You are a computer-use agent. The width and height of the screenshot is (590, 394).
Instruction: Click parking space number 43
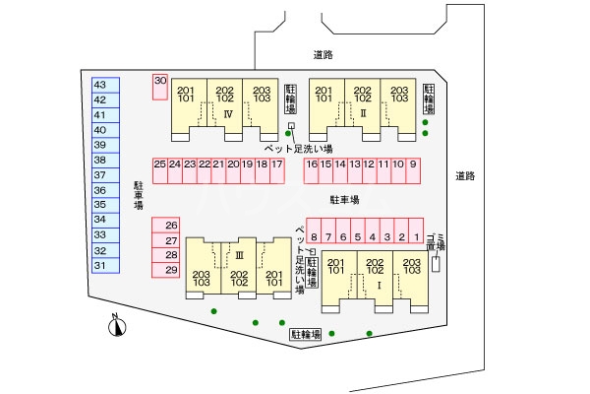[106, 85]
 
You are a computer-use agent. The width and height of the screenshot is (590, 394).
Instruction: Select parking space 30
[160, 87]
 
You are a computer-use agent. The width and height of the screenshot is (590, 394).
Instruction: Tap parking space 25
[160, 170]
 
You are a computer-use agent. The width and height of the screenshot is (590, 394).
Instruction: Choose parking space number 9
[413, 170]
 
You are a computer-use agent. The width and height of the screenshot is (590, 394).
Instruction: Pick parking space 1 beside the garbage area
[416, 230]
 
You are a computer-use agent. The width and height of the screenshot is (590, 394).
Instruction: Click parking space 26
[165, 226]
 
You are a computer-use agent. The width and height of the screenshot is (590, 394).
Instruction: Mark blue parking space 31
[106, 265]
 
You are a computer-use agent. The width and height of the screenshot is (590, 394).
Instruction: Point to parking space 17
[277, 170]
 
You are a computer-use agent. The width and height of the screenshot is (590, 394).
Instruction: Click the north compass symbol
[117, 325]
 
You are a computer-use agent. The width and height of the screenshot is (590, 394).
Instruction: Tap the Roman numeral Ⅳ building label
[228, 114]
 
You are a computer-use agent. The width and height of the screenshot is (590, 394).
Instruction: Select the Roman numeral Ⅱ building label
[363, 113]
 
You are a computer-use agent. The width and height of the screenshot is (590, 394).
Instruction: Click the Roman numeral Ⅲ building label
[239, 256]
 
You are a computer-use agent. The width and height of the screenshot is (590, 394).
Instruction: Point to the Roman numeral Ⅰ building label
[379, 286]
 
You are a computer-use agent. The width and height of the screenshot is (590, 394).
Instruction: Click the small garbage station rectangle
[436, 264]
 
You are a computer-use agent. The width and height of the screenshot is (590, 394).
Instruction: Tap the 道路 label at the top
[324, 55]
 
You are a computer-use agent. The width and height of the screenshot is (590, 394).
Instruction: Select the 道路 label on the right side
[465, 176]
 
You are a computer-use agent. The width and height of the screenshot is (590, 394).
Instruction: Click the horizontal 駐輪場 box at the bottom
[306, 334]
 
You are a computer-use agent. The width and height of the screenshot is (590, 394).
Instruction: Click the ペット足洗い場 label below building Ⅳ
[298, 149]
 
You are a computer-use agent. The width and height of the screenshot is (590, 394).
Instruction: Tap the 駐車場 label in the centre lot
[345, 199]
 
